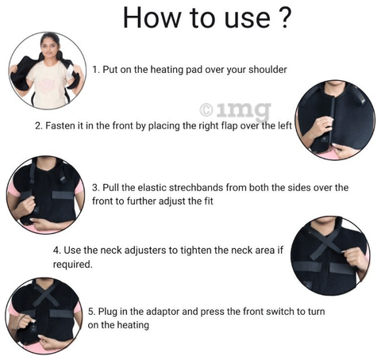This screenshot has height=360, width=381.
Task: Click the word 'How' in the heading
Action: pos(151,17)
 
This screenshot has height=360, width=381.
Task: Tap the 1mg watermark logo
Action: pos(235,111)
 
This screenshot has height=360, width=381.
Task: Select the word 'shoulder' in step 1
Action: pos(267,70)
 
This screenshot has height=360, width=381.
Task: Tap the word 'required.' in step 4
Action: pos(72,264)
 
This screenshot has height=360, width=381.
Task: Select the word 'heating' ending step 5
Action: pos(133,325)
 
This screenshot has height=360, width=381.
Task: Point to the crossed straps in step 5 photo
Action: pos(46,296)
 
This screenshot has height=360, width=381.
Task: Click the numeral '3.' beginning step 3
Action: pos(95,188)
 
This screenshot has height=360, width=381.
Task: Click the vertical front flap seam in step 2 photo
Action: pos(333,121)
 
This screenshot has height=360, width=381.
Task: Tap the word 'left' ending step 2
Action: pos(284,126)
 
